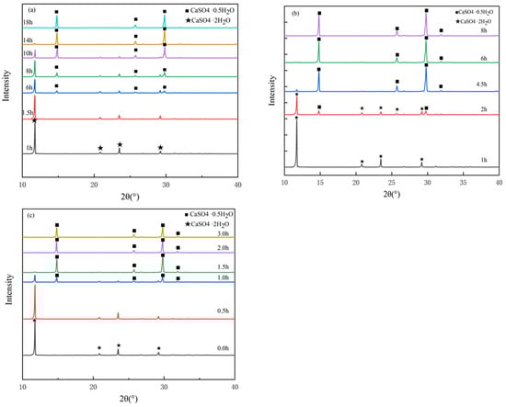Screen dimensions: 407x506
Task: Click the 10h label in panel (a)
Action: point(27,54)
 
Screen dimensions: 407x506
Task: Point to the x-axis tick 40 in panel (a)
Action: point(238,187)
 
